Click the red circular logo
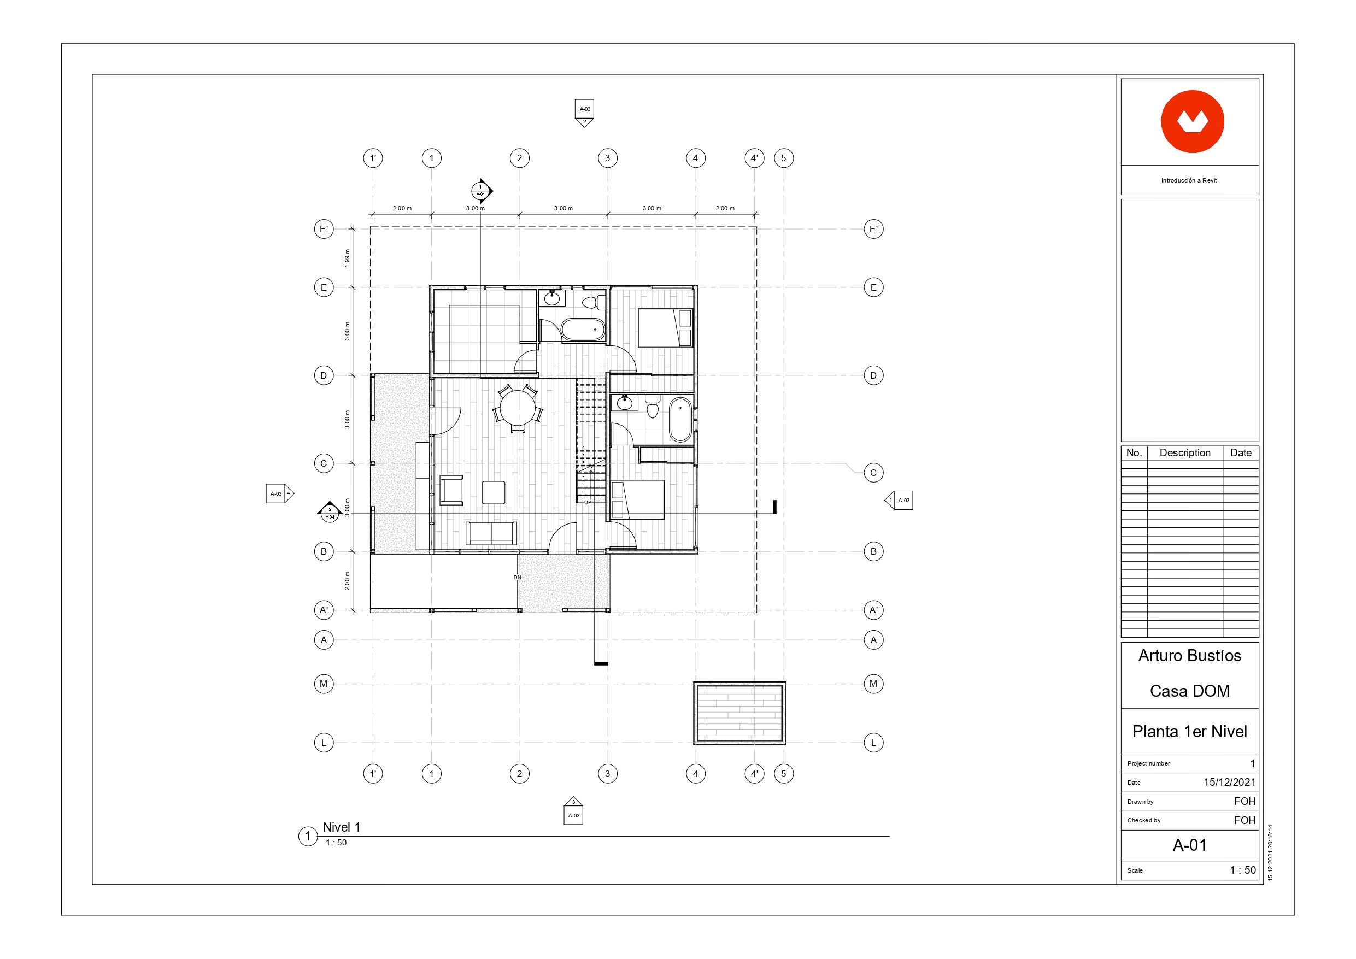[1192, 122]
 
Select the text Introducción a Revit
[1189, 181]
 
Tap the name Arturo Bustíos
[1189, 656]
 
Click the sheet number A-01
[1189, 845]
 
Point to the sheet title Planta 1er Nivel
[1189, 732]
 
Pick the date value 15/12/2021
[1229, 783]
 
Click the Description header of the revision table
[1185, 453]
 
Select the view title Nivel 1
[342, 827]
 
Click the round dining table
[518, 408]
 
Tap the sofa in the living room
[491, 533]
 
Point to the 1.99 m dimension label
[347, 258]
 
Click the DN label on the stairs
[518, 578]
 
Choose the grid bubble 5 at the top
[784, 158]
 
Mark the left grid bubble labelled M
[324, 684]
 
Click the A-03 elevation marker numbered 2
[584, 113]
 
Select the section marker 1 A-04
[482, 191]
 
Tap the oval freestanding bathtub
[680, 420]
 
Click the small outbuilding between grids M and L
[739, 713]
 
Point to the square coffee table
[493, 492]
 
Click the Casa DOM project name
[1189, 691]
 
